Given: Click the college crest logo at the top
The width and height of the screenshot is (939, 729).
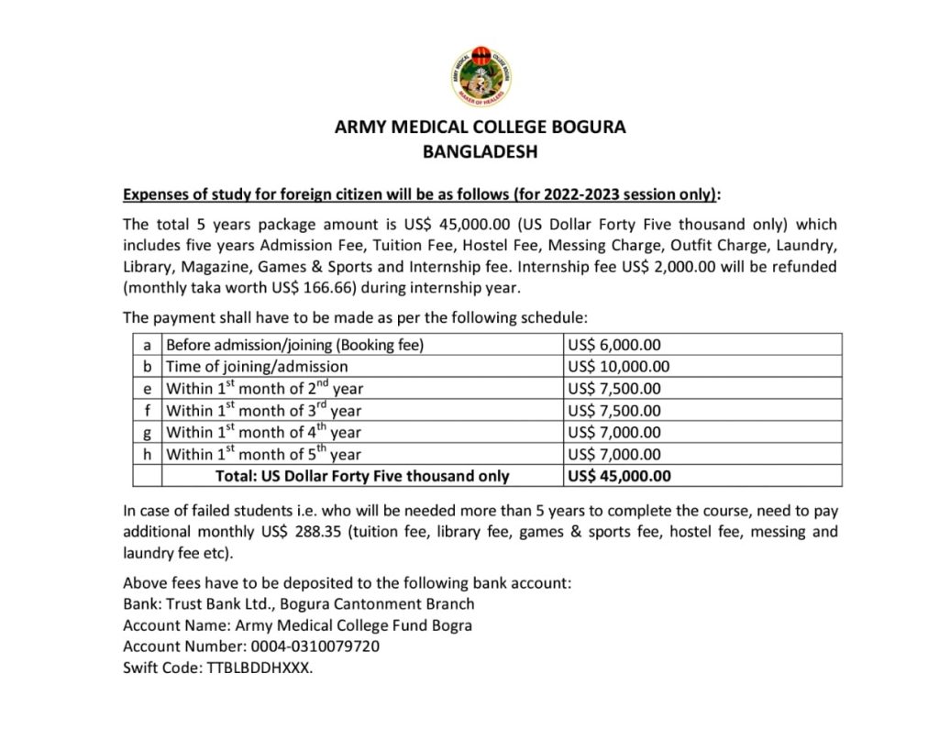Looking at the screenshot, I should [481, 74].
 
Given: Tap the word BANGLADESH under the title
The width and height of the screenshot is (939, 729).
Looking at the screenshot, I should [480, 152].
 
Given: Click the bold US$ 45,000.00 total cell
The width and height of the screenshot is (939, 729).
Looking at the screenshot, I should [620, 476].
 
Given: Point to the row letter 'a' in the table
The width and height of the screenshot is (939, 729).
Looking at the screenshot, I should [147, 345].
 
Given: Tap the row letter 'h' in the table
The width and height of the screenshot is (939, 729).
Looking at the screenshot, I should [147, 454].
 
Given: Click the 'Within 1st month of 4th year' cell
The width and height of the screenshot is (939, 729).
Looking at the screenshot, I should [263, 432].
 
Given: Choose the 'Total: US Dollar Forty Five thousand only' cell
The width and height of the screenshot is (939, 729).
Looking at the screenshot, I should [362, 476].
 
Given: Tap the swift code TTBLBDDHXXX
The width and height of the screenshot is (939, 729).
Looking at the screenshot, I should [260, 668].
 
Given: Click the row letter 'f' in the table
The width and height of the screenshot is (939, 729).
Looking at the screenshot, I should [147, 410].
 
